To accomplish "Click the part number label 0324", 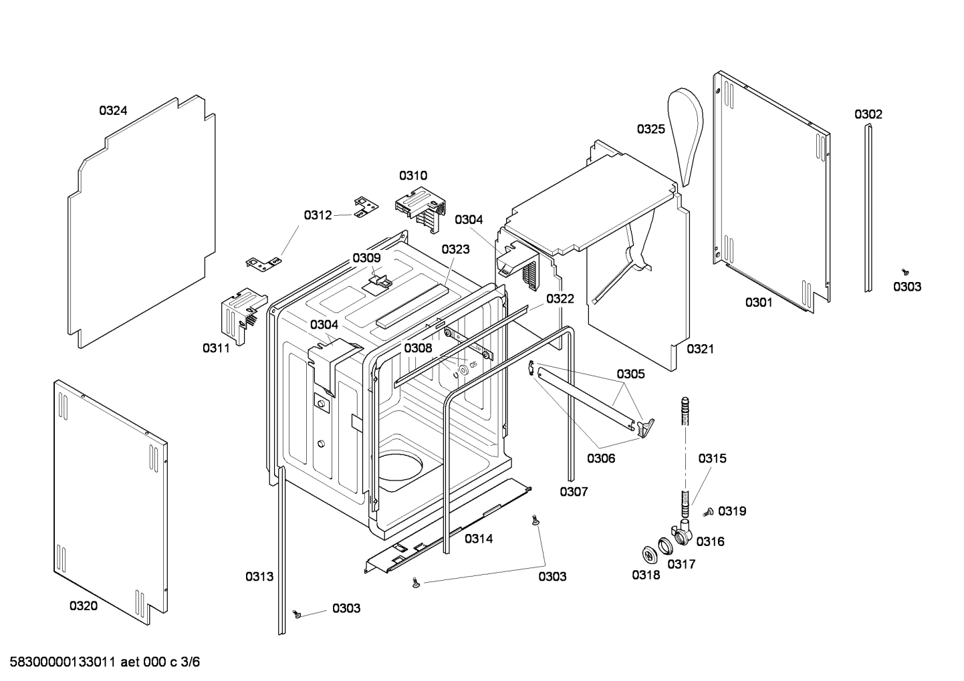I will tap(113, 111).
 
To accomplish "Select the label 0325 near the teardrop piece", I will tap(650, 129).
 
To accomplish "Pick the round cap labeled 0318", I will tap(648, 554).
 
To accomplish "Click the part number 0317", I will tap(681, 564).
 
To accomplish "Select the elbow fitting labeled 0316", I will tap(682, 532).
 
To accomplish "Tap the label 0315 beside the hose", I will tap(712, 458).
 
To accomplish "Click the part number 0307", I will tap(574, 492).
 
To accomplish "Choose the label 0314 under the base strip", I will tap(479, 539).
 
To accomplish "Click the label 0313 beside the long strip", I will tap(259, 576).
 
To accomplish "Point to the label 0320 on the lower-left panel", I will tap(84, 605).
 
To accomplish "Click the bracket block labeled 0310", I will tap(419, 207).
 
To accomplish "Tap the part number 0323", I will tap(455, 249).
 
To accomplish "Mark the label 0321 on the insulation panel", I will tap(700, 349).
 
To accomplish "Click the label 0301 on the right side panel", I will tap(759, 303).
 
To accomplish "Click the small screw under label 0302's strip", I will tap(905, 272).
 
